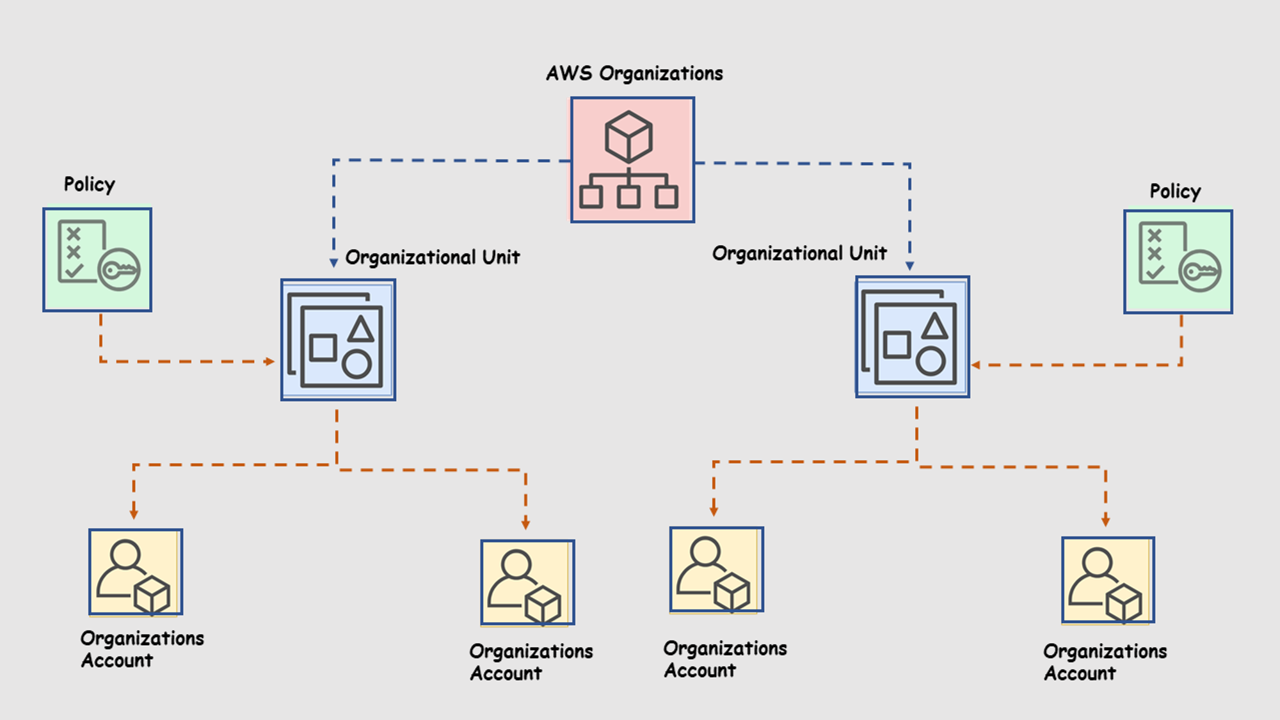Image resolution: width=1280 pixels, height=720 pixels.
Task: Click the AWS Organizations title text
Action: (x=634, y=74)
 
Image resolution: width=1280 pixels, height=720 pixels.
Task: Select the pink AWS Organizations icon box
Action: (x=632, y=160)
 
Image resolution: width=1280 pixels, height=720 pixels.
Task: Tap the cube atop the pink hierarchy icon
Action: (x=628, y=136)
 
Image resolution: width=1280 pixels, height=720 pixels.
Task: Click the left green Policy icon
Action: (x=97, y=260)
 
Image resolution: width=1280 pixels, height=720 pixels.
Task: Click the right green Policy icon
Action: (x=1178, y=262)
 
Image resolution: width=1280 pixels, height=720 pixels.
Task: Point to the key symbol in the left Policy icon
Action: (x=119, y=269)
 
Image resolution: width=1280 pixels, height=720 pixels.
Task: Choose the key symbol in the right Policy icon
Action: (x=1200, y=271)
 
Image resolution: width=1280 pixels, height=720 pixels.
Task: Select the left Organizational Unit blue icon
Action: (x=338, y=340)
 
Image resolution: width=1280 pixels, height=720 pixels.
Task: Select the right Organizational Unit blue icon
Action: (x=912, y=337)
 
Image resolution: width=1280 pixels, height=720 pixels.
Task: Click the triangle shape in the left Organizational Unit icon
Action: (x=361, y=328)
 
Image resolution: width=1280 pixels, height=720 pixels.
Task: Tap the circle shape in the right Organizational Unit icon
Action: (x=931, y=362)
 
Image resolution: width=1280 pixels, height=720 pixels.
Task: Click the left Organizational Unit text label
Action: (x=432, y=257)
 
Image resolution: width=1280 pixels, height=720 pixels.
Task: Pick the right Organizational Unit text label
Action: (x=799, y=253)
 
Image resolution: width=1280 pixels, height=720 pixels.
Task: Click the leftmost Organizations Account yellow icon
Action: (x=136, y=572)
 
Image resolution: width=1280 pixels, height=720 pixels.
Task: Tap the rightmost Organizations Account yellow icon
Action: (x=1108, y=580)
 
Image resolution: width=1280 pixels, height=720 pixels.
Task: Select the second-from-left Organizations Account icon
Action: (x=527, y=582)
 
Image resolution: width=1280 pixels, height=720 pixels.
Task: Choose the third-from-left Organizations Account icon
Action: (x=716, y=570)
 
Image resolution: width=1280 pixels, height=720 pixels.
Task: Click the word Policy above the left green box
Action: (x=89, y=184)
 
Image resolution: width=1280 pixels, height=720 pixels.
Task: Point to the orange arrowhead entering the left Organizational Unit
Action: (x=270, y=362)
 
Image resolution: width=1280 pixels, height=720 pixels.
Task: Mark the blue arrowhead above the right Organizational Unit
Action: (x=909, y=266)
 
